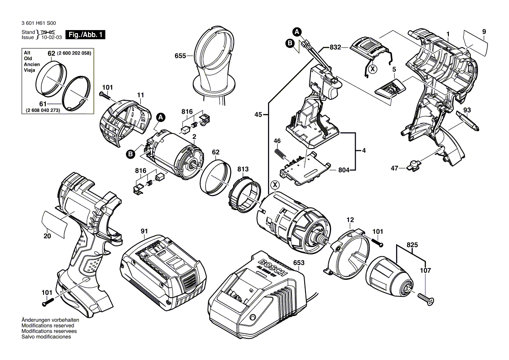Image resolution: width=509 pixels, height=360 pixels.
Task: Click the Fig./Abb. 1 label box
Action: click(85, 34)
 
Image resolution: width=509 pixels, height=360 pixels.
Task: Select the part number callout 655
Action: click(180, 56)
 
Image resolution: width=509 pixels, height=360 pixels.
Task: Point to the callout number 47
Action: click(394, 168)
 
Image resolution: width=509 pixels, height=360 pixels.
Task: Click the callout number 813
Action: click(243, 169)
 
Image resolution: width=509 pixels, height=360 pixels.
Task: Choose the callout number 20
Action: click(47, 236)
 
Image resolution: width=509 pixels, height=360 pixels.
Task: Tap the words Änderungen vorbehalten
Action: click(48, 320)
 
